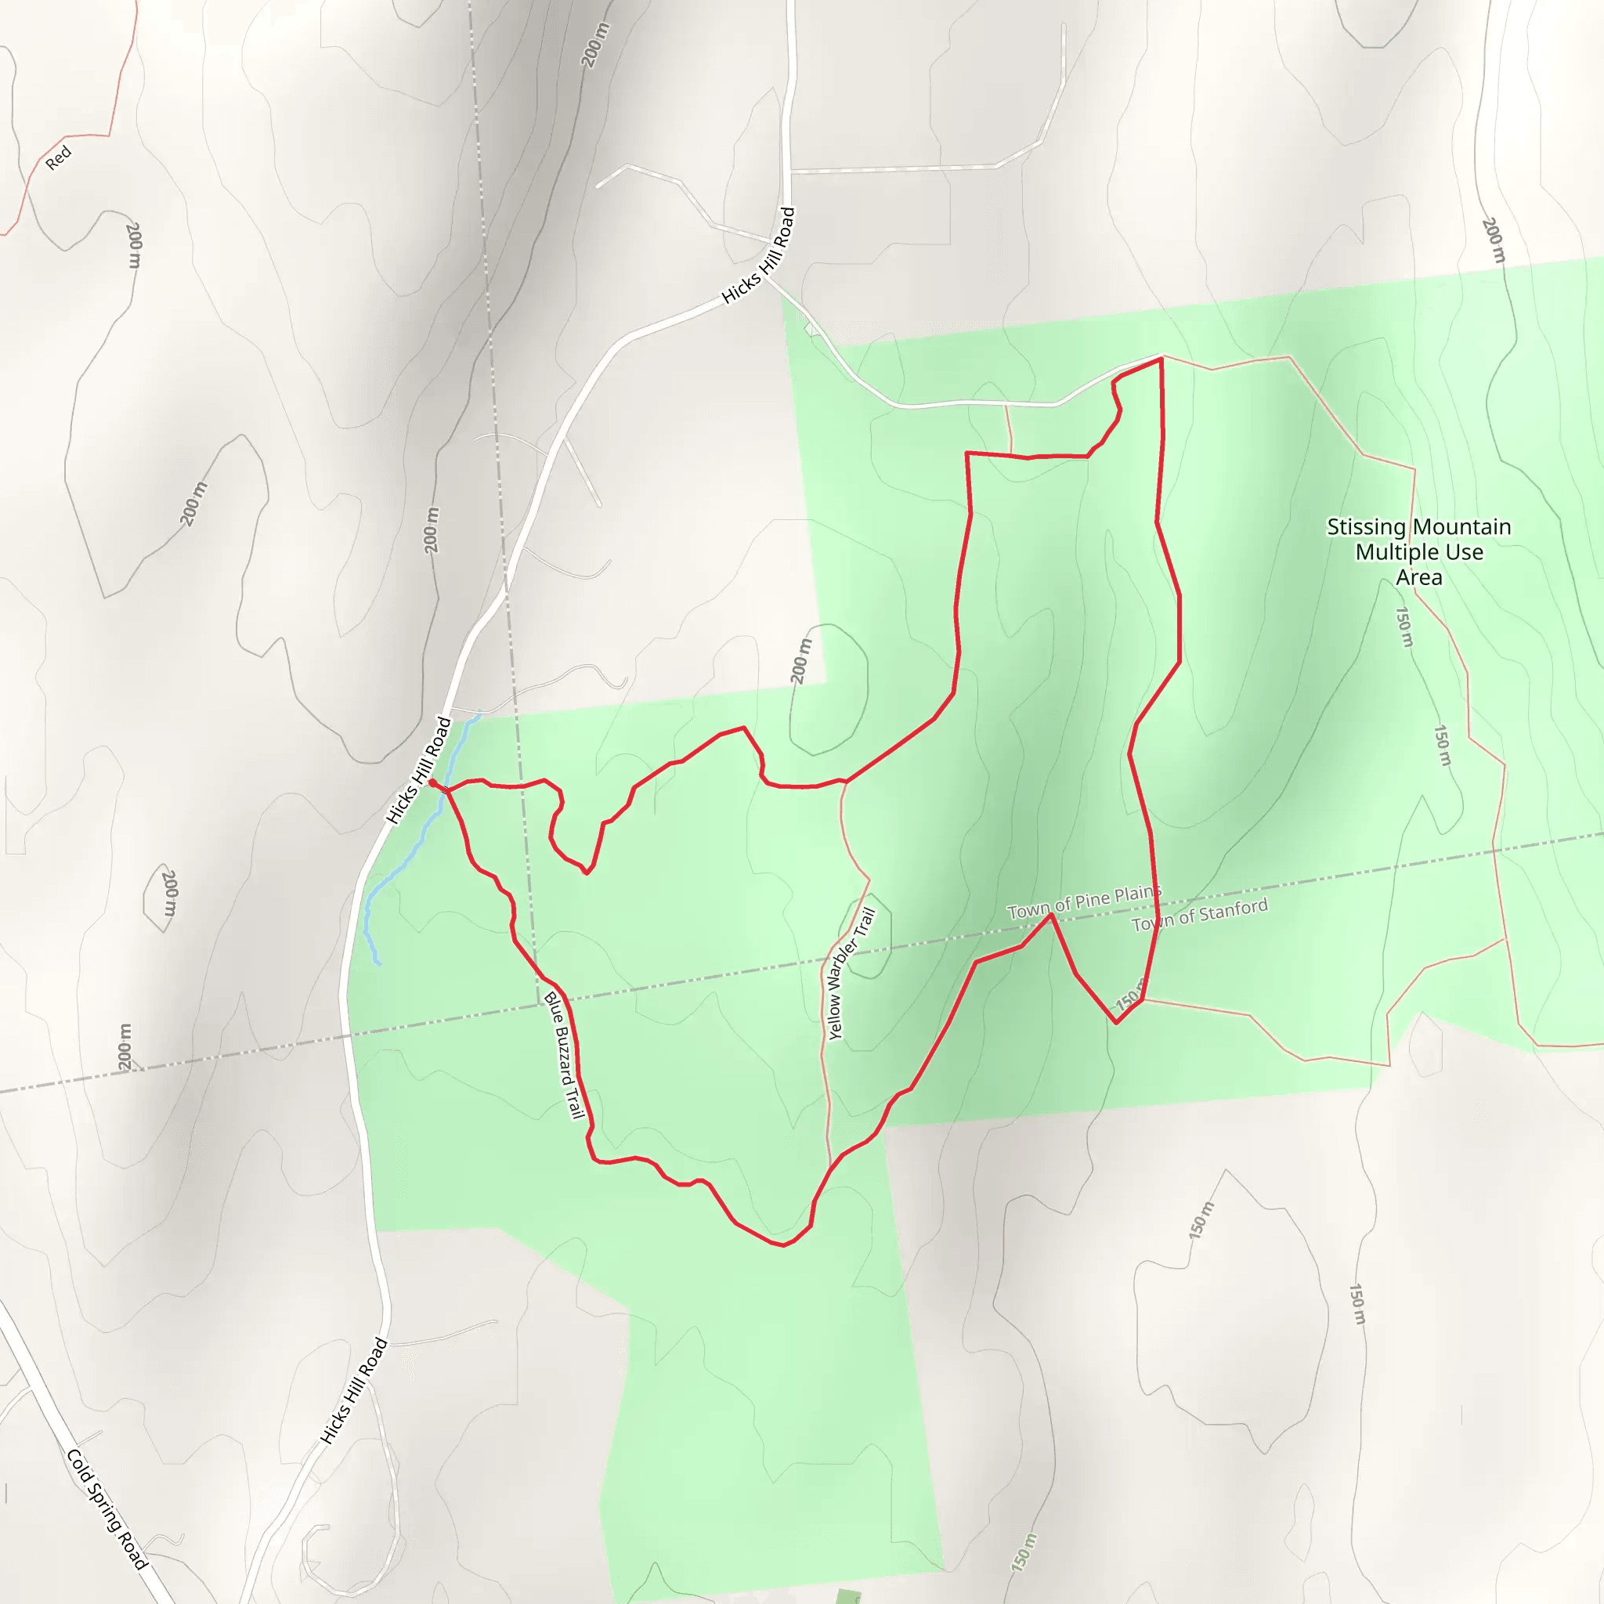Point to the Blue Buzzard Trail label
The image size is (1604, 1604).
(565, 1055)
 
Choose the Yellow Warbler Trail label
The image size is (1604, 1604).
(851, 973)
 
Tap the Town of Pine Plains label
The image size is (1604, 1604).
(1083, 901)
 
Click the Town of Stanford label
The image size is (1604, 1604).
(1199, 914)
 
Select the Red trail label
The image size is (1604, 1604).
(58, 157)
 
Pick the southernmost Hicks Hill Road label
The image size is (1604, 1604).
(355, 1390)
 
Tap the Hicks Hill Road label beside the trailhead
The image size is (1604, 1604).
(418, 771)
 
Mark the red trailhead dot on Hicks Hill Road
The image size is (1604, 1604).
(432, 782)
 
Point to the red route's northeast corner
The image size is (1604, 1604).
(1161, 359)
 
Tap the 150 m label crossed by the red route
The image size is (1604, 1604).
(1129, 999)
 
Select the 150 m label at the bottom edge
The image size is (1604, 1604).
(1024, 1551)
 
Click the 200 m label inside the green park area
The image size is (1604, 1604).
(800, 661)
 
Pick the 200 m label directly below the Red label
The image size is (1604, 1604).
(134, 245)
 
